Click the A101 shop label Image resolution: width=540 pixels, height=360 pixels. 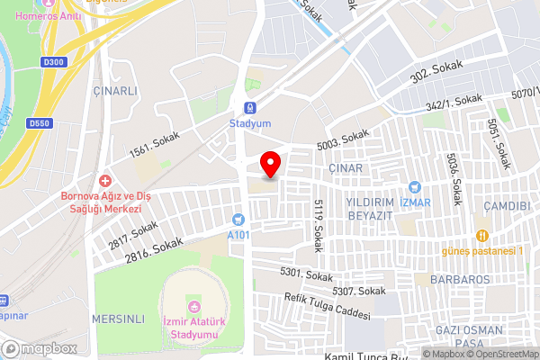coord(238,235)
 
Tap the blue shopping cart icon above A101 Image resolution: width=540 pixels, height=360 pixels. coord(238,219)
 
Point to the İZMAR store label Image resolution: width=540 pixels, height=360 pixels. coord(415,202)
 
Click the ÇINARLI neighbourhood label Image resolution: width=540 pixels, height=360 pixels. coord(115,91)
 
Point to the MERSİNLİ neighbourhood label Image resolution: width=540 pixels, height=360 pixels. coord(118,319)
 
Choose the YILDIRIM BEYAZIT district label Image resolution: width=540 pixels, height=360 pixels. coord(371,210)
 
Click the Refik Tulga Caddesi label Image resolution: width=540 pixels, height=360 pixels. coord(327,308)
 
